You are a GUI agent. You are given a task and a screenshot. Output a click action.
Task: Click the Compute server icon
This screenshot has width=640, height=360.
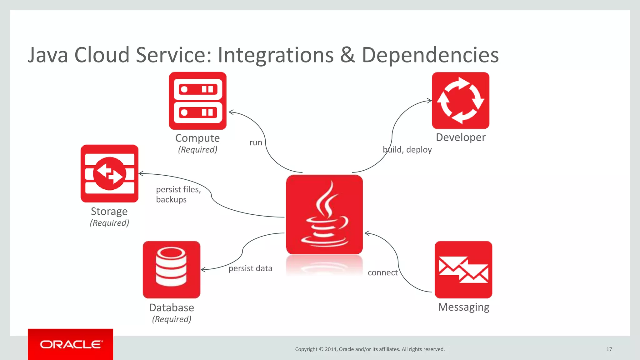(197, 101)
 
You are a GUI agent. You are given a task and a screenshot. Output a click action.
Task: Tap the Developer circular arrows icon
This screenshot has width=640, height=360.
(460, 100)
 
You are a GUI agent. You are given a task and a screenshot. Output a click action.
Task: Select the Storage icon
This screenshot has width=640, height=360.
(109, 173)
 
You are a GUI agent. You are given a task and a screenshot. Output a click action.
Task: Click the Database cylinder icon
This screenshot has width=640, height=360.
(171, 269)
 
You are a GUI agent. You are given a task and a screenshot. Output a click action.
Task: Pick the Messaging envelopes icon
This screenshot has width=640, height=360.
(463, 269)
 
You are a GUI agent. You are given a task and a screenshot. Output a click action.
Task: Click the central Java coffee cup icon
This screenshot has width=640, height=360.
(324, 214)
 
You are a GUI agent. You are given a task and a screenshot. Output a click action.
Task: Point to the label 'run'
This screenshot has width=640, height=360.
(256, 143)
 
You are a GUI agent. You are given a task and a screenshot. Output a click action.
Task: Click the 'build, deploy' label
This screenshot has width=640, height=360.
(407, 150)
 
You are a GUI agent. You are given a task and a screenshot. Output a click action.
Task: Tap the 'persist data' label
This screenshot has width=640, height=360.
(250, 268)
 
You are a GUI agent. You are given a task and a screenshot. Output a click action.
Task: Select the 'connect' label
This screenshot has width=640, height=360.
(382, 273)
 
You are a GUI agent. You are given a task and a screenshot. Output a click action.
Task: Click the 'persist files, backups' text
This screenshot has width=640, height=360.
(178, 194)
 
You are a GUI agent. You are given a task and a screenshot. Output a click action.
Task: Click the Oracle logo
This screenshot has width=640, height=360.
(71, 344)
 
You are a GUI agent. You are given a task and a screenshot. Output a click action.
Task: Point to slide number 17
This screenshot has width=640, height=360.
(609, 349)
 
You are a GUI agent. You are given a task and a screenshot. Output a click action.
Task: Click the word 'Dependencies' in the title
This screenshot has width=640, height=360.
(430, 55)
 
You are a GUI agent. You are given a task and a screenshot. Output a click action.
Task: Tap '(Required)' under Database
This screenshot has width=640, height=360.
(172, 319)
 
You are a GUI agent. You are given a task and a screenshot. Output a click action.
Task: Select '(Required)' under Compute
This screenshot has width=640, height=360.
(197, 150)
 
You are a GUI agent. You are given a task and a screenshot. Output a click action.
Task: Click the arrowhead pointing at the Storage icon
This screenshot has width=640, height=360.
(141, 173)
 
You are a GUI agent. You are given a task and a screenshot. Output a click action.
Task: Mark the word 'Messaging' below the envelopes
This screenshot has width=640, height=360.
(463, 307)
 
